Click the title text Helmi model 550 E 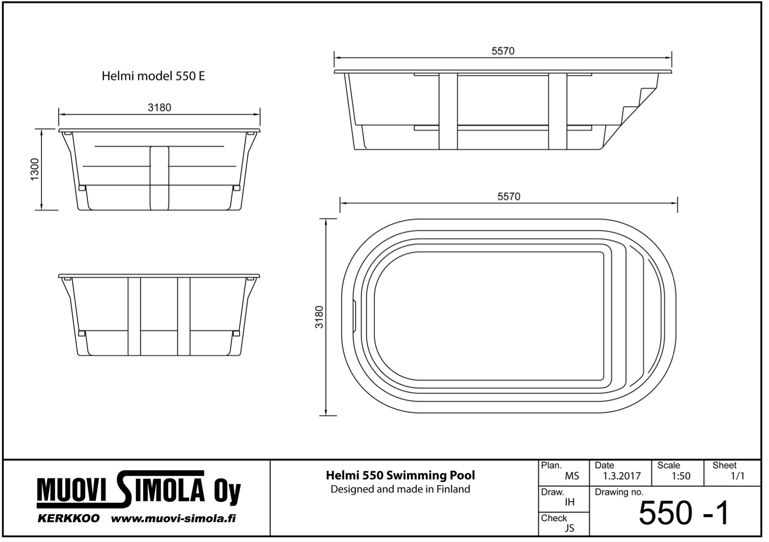click(x=153, y=76)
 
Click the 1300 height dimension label click(x=35, y=169)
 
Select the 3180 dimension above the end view click(x=159, y=107)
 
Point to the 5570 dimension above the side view click(x=503, y=51)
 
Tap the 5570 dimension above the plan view click(x=509, y=197)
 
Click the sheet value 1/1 click(x=737, y=476)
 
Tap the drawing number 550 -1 click(x=684, y=513)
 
